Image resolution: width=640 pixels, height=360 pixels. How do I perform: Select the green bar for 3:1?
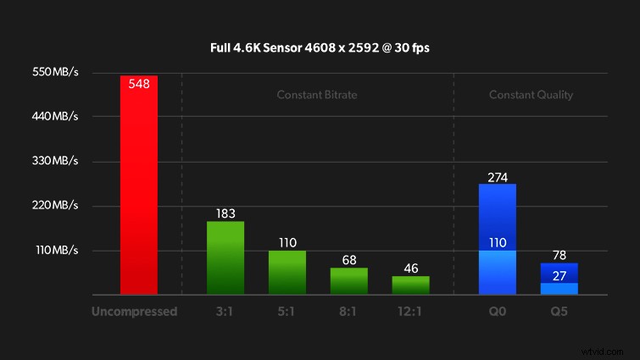(225, 258)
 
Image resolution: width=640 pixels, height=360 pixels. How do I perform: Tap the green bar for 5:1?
(287, 273)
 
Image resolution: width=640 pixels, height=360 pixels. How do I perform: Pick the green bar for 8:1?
(349, 281)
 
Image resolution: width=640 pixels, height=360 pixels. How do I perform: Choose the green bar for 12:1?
(410, 285)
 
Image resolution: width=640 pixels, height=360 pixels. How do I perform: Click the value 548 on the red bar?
(139, 84)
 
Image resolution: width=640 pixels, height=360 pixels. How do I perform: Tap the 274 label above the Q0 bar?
(498, 177)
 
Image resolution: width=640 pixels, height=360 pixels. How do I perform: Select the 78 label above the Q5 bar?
(559, 255)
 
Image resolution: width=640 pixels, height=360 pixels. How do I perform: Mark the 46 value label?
(410, 269)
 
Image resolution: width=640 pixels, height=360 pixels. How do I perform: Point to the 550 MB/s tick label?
(56, 73)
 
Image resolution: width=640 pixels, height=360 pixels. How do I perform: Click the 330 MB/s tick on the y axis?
(56, 161)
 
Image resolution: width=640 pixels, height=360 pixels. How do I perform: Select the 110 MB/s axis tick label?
(56, 251)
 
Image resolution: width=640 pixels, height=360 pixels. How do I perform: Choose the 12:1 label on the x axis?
(410, 311)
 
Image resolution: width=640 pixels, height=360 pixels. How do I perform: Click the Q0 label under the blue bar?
(498, 311)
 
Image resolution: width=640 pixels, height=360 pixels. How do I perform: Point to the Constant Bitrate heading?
(317, 95)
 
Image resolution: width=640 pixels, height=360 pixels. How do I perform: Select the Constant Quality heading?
(531, 95)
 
